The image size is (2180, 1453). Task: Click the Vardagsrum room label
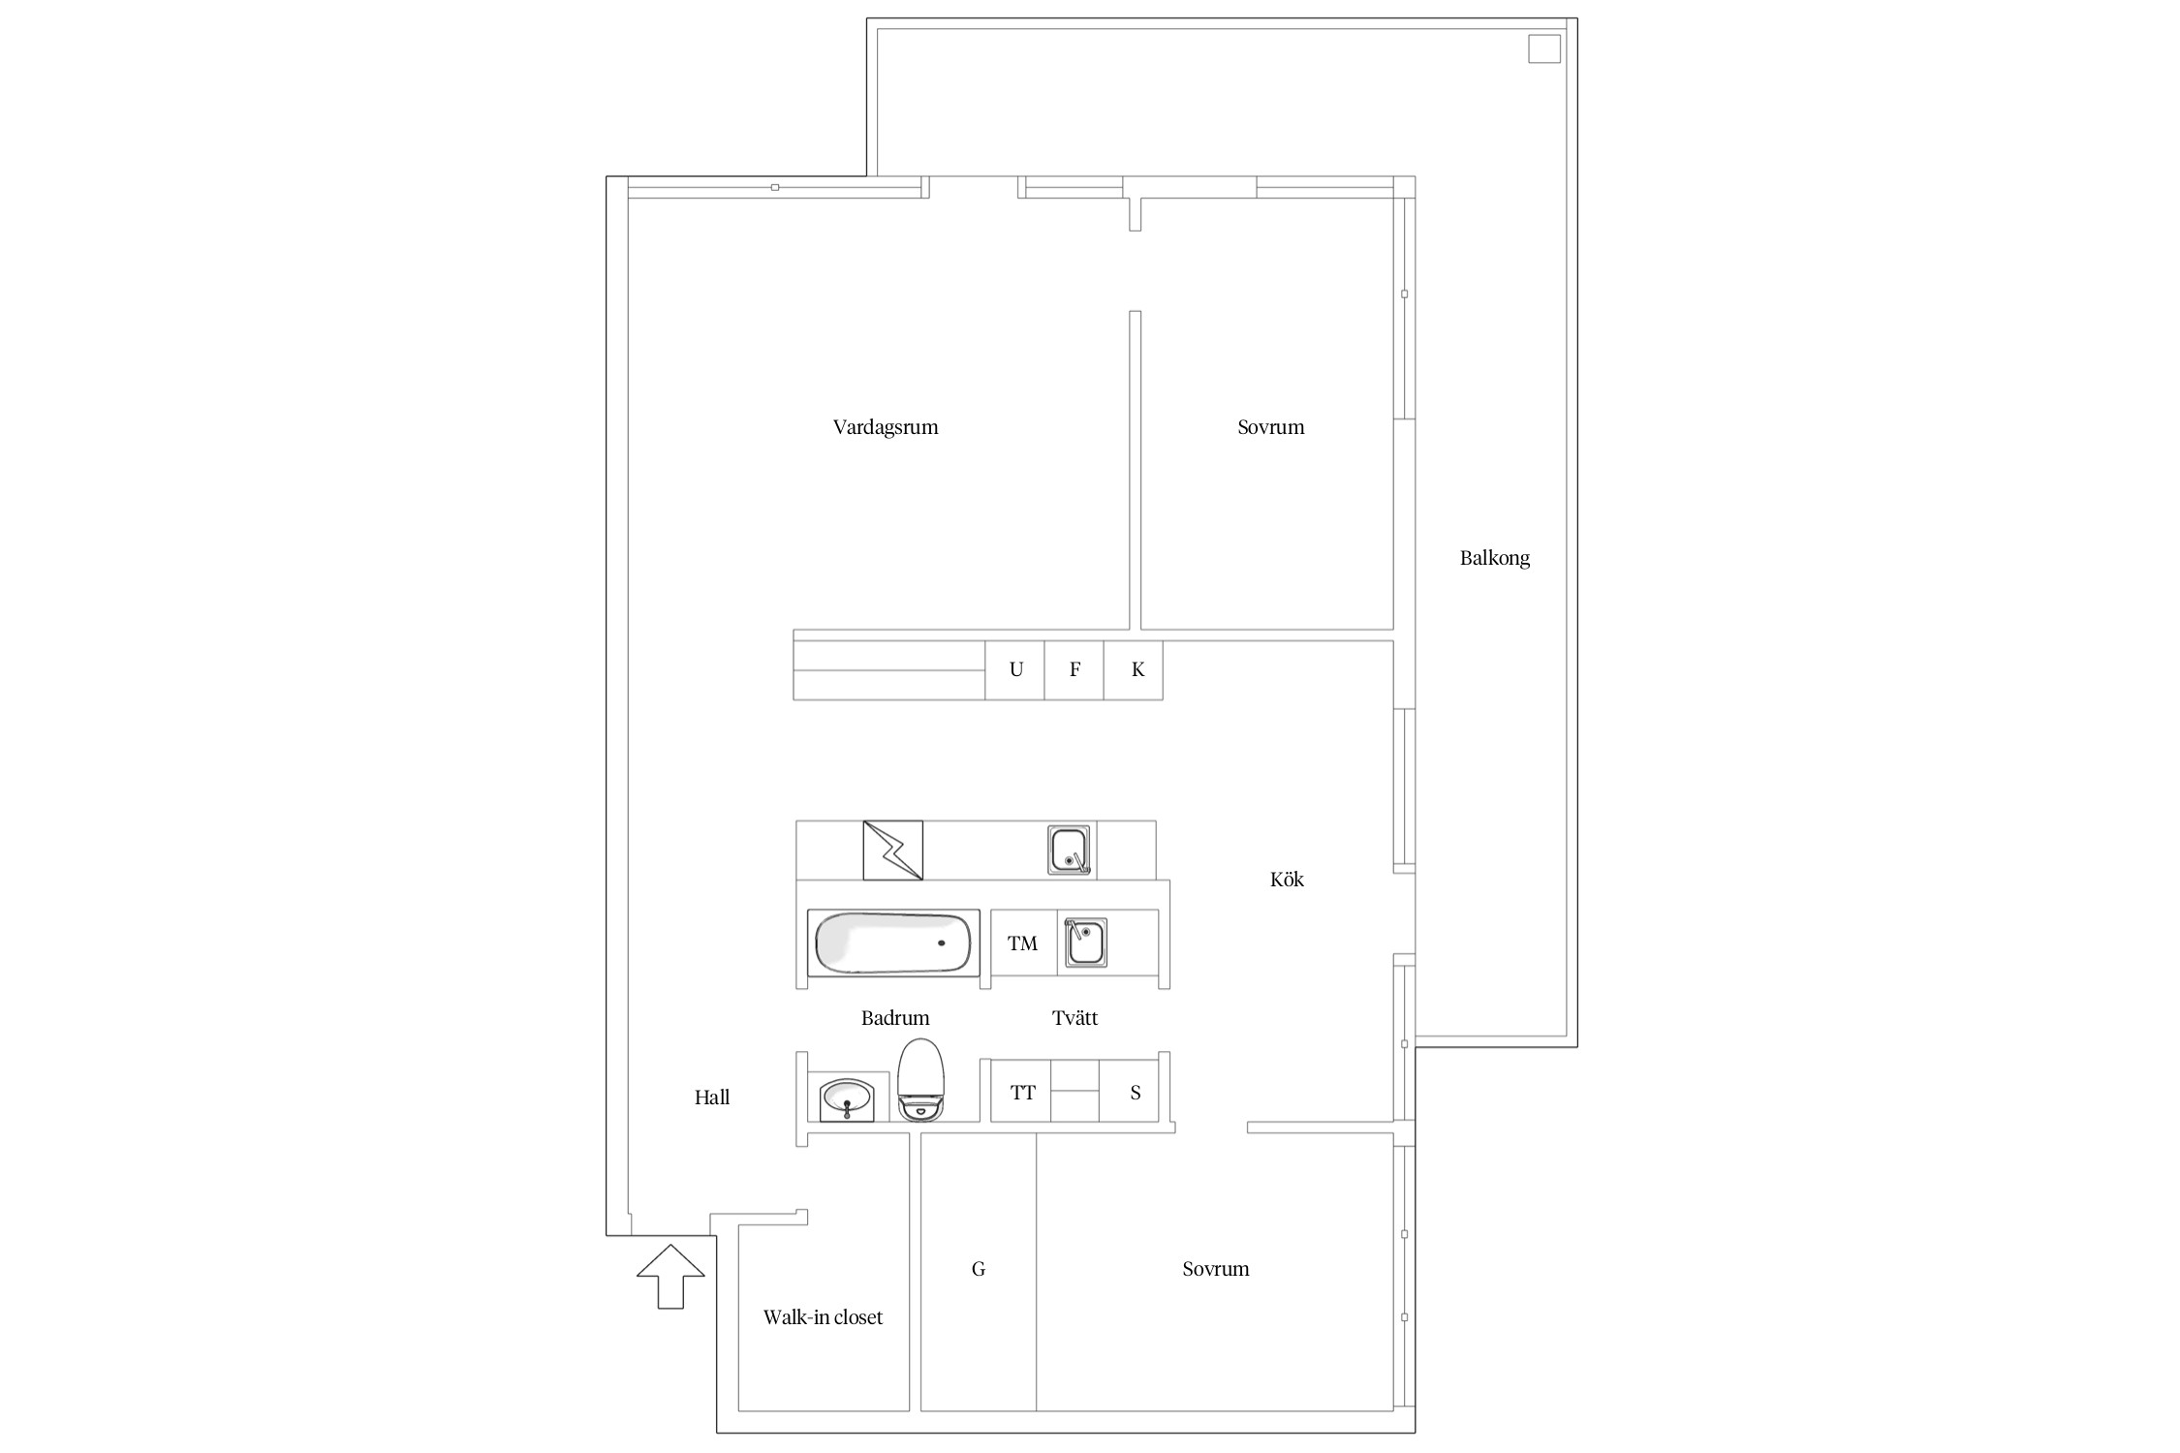point(886,427)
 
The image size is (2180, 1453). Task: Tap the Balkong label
point(1495,558)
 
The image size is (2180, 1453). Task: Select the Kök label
point(1287,879)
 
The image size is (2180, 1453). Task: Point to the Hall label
point(712,1097)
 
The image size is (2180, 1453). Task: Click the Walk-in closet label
point(823,1317)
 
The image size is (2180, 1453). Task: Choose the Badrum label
point(895,1018)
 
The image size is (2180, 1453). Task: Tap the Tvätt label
point(1074,1018)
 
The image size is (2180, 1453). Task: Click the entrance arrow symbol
point(670,1276)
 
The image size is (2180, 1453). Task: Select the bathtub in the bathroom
point(893,943)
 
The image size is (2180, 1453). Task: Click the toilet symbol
point(920,1080)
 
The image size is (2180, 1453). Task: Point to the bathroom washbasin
point(848,1099)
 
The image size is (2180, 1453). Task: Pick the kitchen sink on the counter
point(1071,851)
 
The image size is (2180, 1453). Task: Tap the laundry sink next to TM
point(1085,943)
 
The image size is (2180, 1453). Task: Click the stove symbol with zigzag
point(892,850)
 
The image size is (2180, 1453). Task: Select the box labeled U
point(1014,670)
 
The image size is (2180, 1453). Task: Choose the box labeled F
point(1074,670)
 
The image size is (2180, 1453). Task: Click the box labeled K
point(1134,670)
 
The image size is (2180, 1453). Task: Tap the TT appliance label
point(1023,1093)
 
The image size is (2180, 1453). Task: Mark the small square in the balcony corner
point(1544,48)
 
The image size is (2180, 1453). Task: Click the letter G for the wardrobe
point(979,1269)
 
